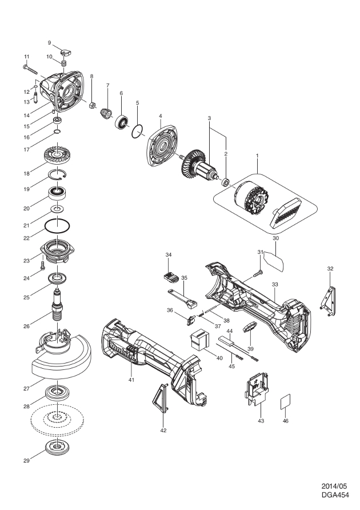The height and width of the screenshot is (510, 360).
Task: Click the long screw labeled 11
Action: (x=35, y=70)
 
